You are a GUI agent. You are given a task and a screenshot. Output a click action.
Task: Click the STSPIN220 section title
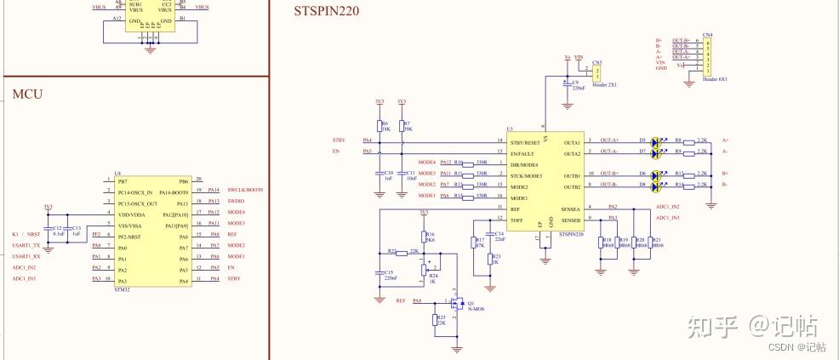[326, 11]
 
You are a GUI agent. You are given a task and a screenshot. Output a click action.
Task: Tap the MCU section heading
[26, 93]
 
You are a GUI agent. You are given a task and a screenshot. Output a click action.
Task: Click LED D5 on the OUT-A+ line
[657, 140]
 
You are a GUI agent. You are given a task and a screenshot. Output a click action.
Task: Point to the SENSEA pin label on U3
[570, 208]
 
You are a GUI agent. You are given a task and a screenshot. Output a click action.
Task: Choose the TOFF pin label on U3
[516, 219]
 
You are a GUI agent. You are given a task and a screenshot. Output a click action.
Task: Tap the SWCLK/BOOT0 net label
[245, 191]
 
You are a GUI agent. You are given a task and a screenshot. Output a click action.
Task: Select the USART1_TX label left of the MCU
[26, 246]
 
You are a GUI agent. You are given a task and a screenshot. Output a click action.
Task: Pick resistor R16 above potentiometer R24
[423, 237]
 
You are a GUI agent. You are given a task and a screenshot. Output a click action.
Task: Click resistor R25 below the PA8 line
[436, 319]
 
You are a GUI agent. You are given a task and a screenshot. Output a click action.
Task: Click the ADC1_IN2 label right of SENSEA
[667, 207]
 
